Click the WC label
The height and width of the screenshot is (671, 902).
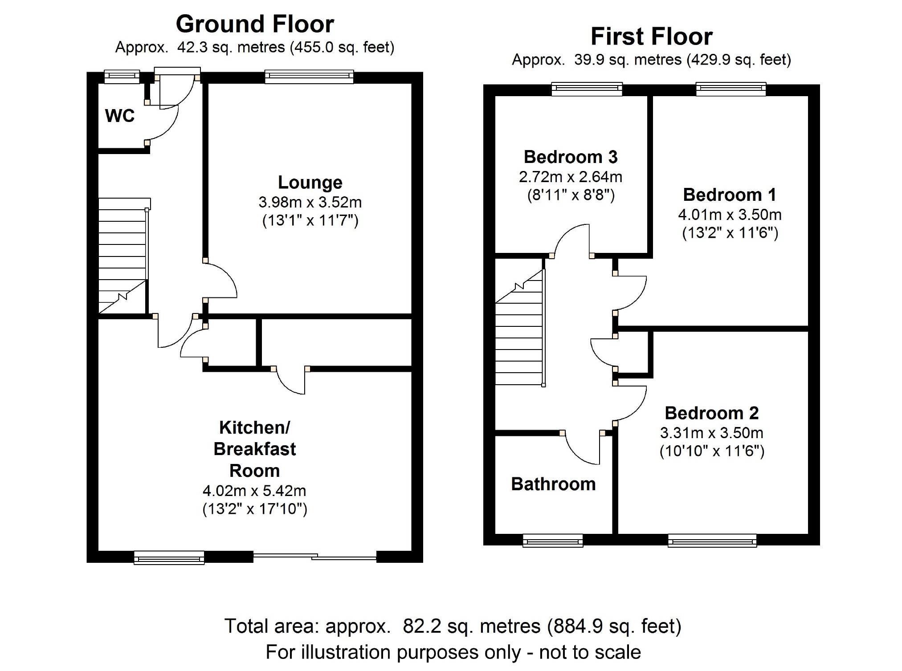click(x=119, y=116)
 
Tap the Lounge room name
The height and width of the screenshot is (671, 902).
click(x=310, y=183)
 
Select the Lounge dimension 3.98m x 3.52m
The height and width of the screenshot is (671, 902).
click(x=310, y=203)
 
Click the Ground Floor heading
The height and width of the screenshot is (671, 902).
click(x=255, y=24)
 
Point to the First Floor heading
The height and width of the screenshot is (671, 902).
click(x=651, y=37)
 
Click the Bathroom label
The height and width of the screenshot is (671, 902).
click(x=553, y=484)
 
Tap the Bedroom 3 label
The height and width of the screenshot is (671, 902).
click(x=571, y=157)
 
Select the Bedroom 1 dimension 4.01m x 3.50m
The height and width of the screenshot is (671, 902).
click(x=730, y=215)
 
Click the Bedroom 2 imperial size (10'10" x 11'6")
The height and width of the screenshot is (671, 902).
click(x=712, y=451)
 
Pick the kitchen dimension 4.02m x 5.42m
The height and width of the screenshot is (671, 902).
click(x=254, y=491)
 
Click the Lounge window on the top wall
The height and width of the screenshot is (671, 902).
click(x=309, y=77)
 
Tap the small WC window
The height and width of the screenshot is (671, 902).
click(x=122, y=77)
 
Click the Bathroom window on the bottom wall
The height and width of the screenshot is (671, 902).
click(x=553, y=541)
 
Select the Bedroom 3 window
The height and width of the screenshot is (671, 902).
click(x=587, y=89)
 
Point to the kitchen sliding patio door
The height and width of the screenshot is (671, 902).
click(x=315, y=556)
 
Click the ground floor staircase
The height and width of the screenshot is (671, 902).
click(x=122, y=256)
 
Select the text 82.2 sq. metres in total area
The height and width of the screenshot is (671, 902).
click(x=471, y=626)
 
